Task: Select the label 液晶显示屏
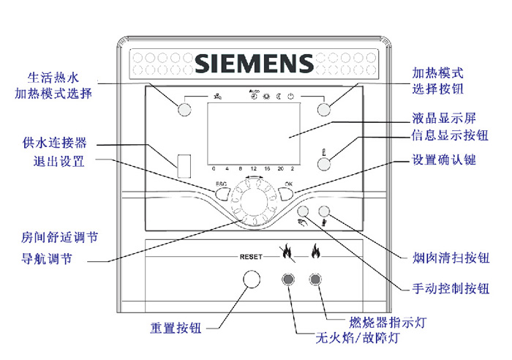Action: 445,117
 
